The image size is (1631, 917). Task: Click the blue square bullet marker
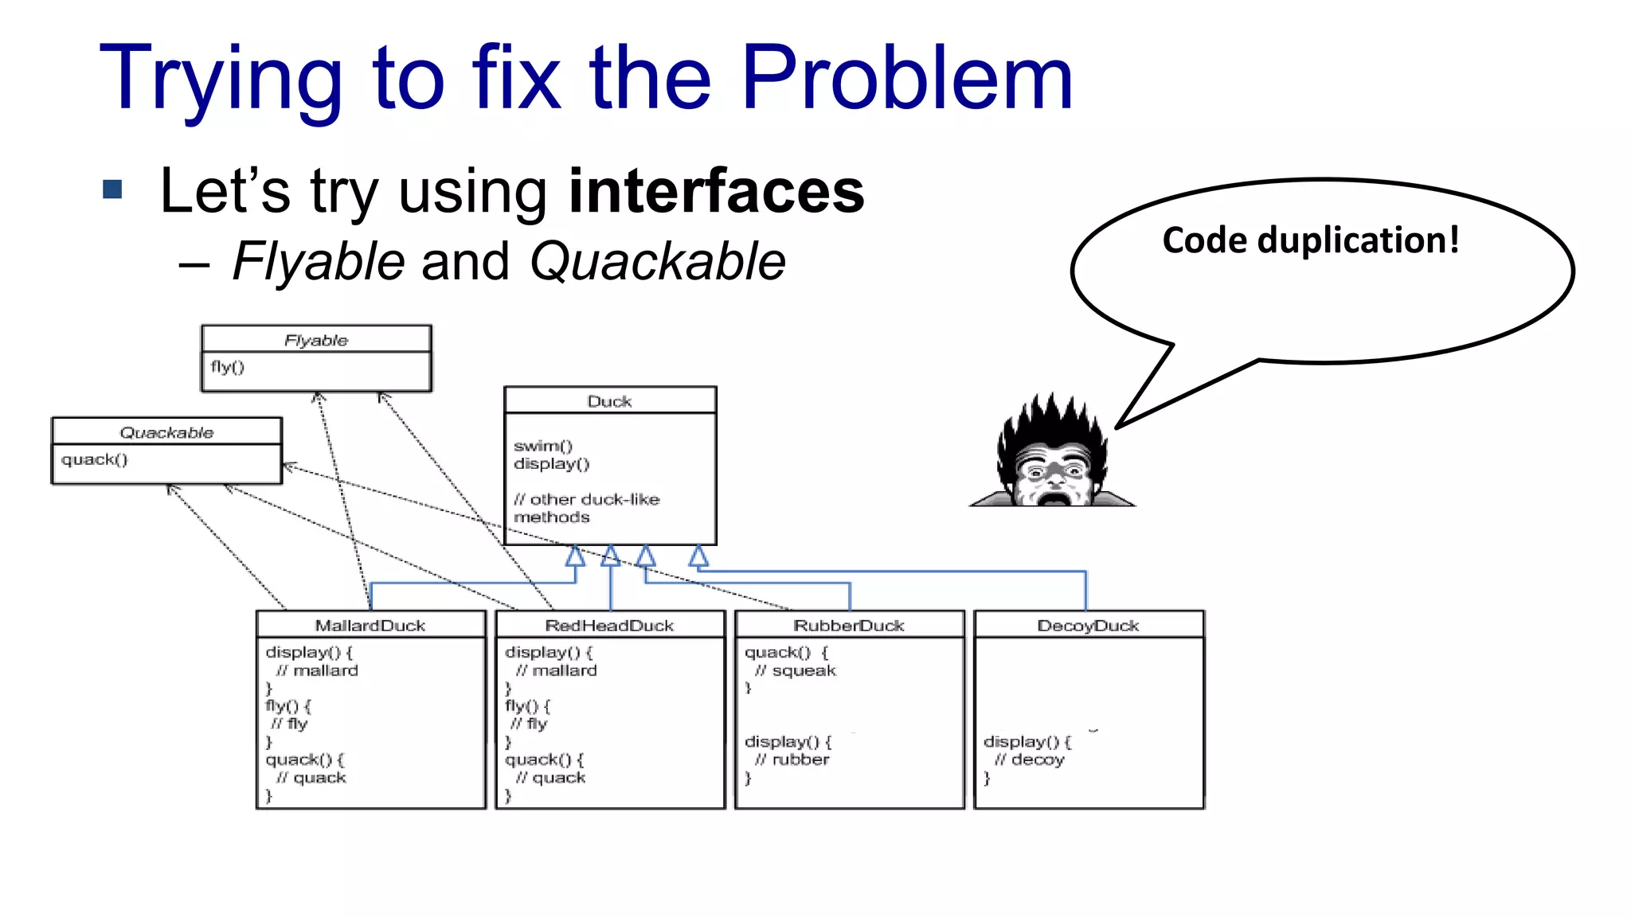point(112,189)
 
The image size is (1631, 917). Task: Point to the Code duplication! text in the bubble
point(1310,240)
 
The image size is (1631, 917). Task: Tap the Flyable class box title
point(316,341)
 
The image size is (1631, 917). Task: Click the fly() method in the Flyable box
point(228,367)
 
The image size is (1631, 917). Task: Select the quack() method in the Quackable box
point(94,459)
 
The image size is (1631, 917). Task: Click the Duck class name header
point(609,401)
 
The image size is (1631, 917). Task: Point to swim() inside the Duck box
point(543,446)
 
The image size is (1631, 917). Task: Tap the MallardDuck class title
point(370,626)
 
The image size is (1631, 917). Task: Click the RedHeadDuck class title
point(609,626)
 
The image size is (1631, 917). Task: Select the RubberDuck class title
point(849,626)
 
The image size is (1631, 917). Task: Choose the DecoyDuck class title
point(1088,626)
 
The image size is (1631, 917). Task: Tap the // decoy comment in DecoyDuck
point(1029,760)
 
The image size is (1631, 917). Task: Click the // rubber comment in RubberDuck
point(792,760)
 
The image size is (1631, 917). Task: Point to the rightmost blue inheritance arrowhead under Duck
point(698,556)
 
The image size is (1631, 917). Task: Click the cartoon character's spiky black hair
point(1051,422)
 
